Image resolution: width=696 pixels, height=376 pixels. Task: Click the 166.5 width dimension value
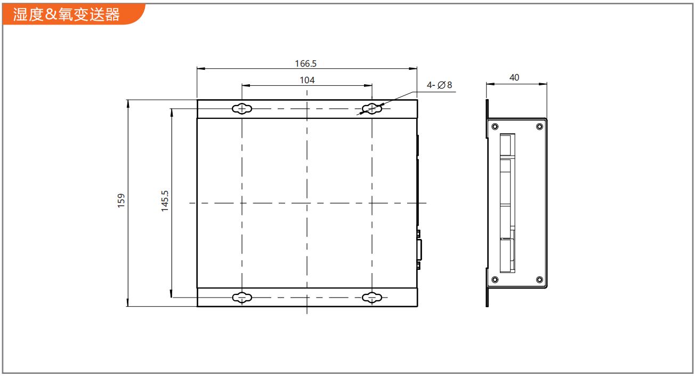tap(305, 64)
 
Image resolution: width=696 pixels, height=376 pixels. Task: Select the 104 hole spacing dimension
tap(307, 80)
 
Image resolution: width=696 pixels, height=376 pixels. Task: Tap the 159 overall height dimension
tap(121, 201)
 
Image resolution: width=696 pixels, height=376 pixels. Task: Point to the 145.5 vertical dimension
tap(165, 201)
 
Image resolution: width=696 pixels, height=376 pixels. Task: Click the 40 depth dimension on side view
tap(514, 77)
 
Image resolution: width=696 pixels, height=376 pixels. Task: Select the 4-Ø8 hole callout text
tap(439, 85)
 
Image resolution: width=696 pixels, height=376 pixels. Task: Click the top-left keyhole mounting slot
tap(242, 109)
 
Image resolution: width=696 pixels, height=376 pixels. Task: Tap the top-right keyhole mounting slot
tap(372, 109)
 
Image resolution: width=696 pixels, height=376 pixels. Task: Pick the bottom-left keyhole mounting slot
tap(242, 298)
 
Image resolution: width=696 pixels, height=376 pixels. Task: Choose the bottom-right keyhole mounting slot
tap(372, 298)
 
